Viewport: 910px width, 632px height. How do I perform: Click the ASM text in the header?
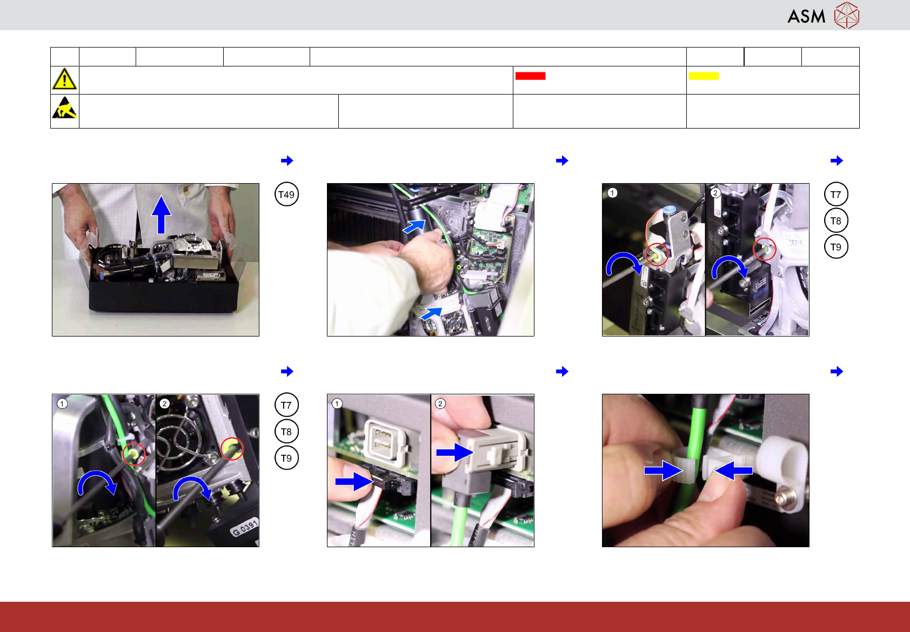coord(806,16)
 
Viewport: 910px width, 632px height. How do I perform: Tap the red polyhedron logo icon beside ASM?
coord(847,16)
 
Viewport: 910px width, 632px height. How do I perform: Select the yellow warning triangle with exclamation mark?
coord(64,79)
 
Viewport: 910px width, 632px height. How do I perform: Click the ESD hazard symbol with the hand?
coord(65,107)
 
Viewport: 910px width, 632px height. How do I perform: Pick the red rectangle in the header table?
coord(530,76)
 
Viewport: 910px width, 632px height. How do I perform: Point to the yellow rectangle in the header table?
coord(704,76)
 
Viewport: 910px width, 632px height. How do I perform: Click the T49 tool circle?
coord(286,194)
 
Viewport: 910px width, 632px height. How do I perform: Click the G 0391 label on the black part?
coord(245,527)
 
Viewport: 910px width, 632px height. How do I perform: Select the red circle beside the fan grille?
coord(232,449)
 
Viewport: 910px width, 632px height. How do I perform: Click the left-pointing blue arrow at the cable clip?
coord(733,470)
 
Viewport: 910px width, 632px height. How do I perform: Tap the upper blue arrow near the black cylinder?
coord(414,226)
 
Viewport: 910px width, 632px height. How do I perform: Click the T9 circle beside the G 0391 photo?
coord(286,458)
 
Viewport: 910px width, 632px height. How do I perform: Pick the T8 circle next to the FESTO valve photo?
coord(835,220)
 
